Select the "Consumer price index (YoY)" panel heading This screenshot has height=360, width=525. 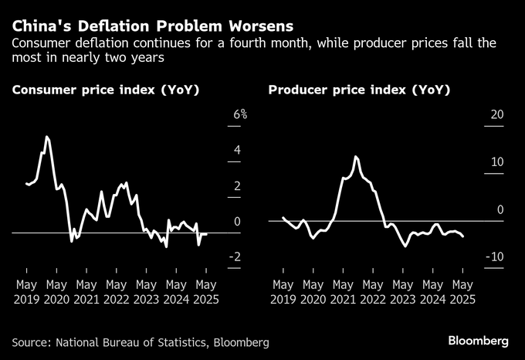(106, 90)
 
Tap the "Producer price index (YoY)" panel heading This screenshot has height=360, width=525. (359, 90)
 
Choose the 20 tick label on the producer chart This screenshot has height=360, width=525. (496, 114)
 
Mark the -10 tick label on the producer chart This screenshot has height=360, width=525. (494, 257)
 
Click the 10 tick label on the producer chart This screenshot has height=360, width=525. (496, 162)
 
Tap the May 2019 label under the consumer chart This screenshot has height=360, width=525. (26, 292)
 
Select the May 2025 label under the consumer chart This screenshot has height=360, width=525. (205, 292)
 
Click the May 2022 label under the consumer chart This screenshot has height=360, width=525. (116, 292)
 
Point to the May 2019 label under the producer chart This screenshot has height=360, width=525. (283, 292)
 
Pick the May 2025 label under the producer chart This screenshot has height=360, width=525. (462, 292)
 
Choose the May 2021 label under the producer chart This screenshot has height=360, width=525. (343, 292)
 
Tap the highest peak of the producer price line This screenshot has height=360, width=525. (356, 157)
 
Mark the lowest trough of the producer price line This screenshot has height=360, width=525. (405, 246)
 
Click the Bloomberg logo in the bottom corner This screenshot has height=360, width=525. (479, 341)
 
